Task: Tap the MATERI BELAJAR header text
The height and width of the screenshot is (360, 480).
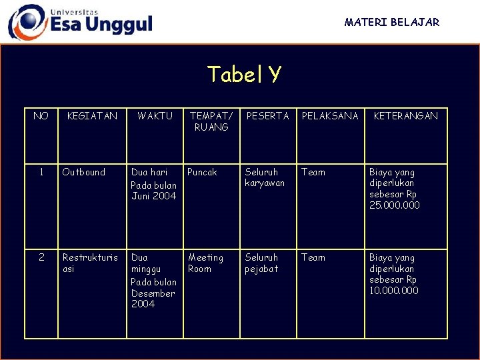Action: (391, 22)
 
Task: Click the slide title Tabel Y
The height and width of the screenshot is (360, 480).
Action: (243, 74)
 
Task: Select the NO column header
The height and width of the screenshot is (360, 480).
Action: (41, 116)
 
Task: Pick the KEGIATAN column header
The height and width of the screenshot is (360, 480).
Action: (92, 116)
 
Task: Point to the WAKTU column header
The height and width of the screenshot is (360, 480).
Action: (155, 116)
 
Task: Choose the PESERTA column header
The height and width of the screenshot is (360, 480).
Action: (268, 116)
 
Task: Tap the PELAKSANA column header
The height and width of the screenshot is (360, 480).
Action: (330, 116)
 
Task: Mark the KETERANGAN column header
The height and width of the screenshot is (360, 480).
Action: (406, 116)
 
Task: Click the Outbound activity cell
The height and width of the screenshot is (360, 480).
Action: (83, 172)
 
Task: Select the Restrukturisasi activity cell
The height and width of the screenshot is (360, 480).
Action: (89, 263)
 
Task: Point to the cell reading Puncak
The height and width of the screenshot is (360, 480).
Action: (202, 172)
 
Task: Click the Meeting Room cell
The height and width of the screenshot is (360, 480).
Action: (205, 263)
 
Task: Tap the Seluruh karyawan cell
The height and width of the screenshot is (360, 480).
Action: (265, 177)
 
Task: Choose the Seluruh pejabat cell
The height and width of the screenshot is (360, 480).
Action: (261, 263)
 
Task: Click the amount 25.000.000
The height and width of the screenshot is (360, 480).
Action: (395, 205)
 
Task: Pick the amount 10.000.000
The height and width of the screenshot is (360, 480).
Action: (394, 291)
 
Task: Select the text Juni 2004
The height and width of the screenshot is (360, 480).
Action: (154, 196)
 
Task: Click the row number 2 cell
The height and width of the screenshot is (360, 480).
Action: (41, 257)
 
